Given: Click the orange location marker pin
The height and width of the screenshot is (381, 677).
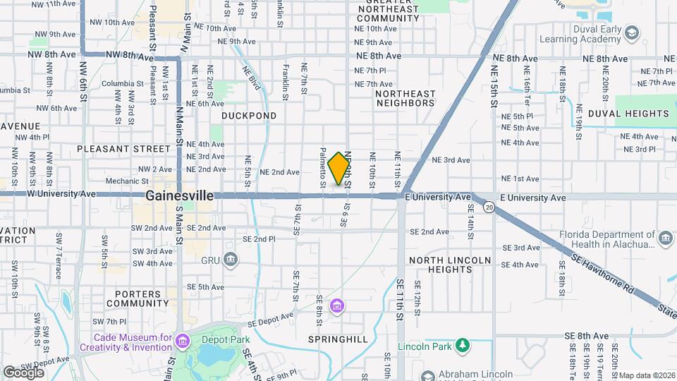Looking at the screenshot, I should (x=338, y=168).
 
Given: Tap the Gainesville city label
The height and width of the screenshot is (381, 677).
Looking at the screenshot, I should (x=180, y=195).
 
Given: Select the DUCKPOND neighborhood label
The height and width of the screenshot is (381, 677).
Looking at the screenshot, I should (x=249, y=115).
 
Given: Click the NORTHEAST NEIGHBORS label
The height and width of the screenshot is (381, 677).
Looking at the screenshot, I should (x=405, y=98).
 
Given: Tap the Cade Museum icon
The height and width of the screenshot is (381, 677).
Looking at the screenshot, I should (x=183, y=342).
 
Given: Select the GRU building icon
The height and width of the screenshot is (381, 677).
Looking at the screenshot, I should (x=231, y=260).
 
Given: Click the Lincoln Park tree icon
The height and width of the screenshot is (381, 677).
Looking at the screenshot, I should (x=463, y=346).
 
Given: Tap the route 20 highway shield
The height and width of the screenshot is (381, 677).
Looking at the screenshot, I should (x=489, y=207).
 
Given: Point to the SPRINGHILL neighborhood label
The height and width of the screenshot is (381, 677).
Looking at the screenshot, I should (x=338, y=339).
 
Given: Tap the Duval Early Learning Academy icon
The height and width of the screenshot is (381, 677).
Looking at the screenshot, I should (x=632, y=33).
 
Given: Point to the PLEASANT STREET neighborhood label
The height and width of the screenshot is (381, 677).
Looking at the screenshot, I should (x=123, y=149).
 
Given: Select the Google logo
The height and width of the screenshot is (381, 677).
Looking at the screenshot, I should (x=23, y=372).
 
